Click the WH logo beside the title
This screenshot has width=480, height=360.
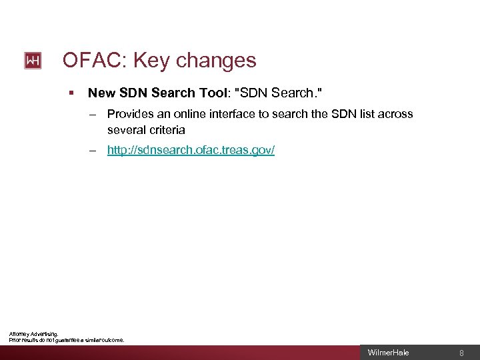[x=33, y=61]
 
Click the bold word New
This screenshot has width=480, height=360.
[x=100, y=93]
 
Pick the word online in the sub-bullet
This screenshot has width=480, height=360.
[x=193, y=114]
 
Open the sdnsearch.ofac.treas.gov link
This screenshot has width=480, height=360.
[x=191, y=151]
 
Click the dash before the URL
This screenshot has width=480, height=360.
[x=96, y=151]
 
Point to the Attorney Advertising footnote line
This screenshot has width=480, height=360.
[x=33, y=333]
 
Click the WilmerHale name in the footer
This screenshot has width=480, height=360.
[x=389, y=353]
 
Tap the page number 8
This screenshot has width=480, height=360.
[x=461, y=353]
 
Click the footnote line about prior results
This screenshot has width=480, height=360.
[x=67, y=340]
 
